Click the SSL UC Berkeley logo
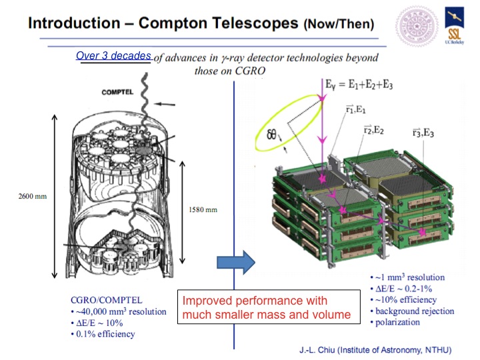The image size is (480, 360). [454, 26]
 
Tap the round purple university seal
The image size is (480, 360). [417, 27]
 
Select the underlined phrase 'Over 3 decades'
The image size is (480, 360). [113, 56]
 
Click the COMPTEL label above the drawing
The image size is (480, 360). [117, 92]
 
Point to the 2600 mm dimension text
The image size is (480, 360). [33, 196]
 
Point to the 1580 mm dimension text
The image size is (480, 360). [203, 210]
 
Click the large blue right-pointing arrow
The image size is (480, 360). [236, 263]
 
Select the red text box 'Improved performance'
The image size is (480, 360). [269, 307]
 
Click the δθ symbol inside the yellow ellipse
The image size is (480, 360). [272, 134]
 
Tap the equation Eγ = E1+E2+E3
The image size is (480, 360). [359, 85]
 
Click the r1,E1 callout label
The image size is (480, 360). [355, 109]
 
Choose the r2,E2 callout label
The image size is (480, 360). [373, 130]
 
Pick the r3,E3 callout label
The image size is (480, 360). [423, 133]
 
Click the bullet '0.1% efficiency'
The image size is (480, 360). [103, 334]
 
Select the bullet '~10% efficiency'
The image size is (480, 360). [403, 300]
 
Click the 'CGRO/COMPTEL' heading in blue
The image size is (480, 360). [107, 300]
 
